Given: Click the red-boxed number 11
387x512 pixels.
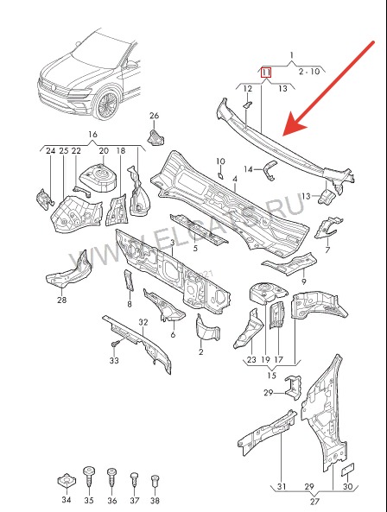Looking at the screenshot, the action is coord(266,73).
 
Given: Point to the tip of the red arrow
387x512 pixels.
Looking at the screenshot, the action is coord(283,135).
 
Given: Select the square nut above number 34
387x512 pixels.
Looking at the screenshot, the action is coord(67,481).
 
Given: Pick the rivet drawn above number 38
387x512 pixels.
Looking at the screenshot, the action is coord(155,483).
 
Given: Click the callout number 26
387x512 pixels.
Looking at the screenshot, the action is coord(154,116).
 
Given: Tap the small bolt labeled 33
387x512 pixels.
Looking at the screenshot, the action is coord(115,344).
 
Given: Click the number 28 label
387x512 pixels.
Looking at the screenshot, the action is coord(61,300).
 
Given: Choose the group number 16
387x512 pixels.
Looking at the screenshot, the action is coord(92,134).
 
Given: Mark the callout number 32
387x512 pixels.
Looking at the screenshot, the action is coord(143,322).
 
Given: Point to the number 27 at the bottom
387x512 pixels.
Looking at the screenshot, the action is coord(314,501).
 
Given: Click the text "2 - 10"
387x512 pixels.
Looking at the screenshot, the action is coord(309,71).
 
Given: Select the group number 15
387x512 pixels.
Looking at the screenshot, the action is coord(272,376).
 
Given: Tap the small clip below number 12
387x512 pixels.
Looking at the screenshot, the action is coord(247,104).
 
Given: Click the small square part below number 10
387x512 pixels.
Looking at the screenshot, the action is coord(220,175).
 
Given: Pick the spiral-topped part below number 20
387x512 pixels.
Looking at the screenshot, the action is coord(99,177).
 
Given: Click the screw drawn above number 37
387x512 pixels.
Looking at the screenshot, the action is coord(134,481).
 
